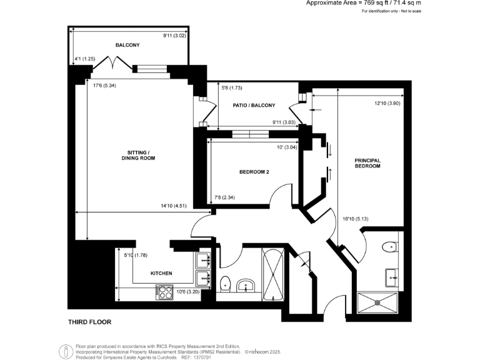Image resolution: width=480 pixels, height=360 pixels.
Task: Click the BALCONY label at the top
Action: tap(127, 45)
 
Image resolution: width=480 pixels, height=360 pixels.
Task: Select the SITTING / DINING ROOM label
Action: tap(137, 156)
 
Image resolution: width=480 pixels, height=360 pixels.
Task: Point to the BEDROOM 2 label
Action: tap(254, 172)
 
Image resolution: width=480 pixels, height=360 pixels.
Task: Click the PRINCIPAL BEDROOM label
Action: tap(367, 163)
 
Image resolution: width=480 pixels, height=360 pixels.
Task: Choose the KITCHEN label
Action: tap(161, 273)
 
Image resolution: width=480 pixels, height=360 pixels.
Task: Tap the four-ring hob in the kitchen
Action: tap(164, 290)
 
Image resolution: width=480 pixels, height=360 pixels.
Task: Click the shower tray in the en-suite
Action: tap(377, 301)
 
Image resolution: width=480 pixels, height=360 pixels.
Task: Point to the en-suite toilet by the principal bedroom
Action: tap(390, 246)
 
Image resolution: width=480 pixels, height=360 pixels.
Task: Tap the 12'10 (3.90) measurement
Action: tap(387, 103)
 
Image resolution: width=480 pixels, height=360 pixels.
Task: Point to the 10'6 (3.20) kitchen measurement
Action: tap(187, 291)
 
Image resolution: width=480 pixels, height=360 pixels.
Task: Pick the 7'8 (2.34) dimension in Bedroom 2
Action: tap(226, 198)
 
